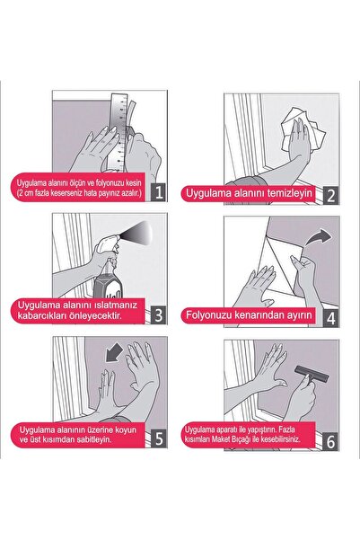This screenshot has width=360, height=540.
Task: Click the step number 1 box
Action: [159, 192]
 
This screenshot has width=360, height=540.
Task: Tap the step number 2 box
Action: [330, 195]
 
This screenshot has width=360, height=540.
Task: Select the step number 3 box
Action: [159, 314]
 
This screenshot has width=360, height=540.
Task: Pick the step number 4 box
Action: [330, 318]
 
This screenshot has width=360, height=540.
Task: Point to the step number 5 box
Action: [159, 438]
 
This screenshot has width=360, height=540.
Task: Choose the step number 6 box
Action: [330, 441]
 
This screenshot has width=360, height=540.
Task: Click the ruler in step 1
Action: [119, 133]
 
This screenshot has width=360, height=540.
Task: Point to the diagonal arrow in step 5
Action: [114, 352]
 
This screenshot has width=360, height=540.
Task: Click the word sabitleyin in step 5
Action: [93, 439]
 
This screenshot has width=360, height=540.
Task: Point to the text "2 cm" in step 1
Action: [26, 193]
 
